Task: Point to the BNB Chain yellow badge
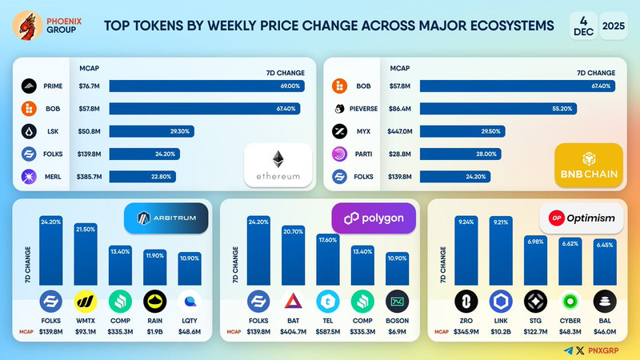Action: point(589,166)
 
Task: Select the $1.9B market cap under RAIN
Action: point(155,330)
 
